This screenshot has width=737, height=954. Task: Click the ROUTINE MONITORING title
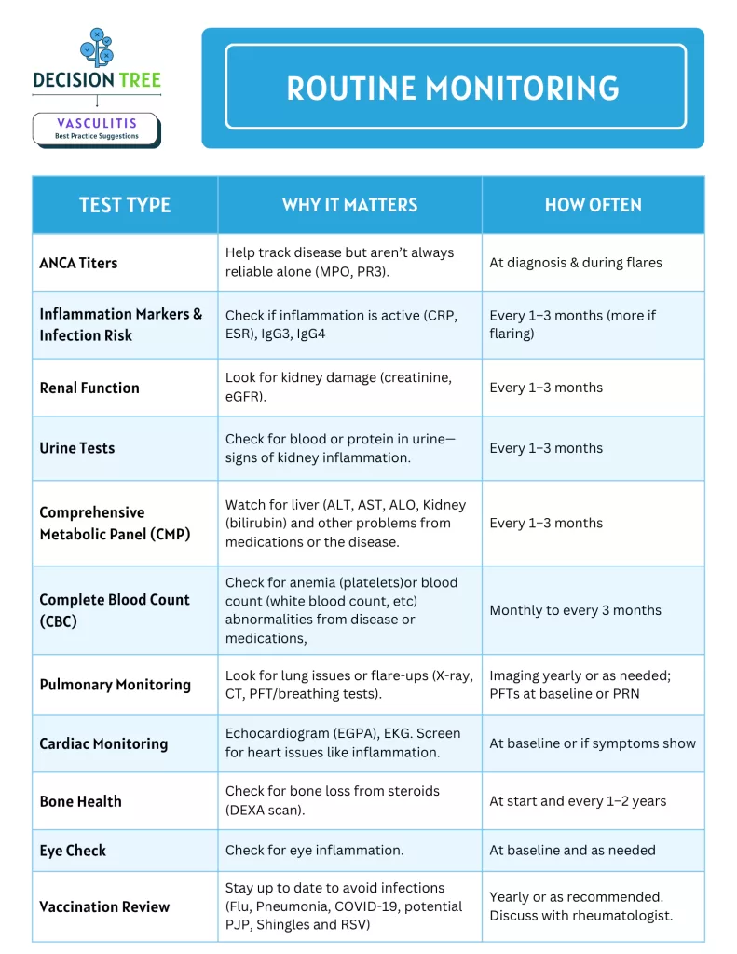pos(453,89)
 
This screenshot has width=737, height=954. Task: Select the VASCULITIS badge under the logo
pos(96,129)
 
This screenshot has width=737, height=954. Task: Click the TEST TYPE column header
pos(125,205)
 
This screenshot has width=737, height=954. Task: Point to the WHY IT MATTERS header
pos(349,205)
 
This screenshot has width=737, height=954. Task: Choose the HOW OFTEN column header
pos(593,205)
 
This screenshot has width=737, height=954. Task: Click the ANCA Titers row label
pos(78,263)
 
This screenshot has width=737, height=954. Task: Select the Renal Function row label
pos(89,388)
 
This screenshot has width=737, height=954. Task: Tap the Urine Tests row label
pos(77,448)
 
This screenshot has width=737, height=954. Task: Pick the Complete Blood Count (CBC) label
pos(115,610)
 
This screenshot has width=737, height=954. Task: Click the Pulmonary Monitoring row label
pos(115,685)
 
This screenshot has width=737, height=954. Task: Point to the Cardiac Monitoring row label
pos(103,743)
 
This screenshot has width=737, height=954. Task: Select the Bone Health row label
pos(80,801)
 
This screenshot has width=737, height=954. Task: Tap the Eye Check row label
pos(73,851)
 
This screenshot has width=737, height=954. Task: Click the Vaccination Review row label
pos(104,906)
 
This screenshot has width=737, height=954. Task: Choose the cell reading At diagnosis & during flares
pos(576,263)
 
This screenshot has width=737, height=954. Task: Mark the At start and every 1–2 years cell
pos(578,801)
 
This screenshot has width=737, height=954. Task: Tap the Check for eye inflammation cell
pos(314,851)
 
